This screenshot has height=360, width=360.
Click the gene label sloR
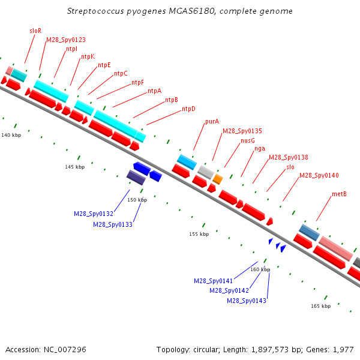[x=35, y=31]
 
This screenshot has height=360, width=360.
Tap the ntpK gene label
[x=88, y=57]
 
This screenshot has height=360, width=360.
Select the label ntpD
[x=188, y=109]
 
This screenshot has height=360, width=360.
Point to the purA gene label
[x=212, y=121]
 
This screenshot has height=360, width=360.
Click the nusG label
[x=248, y=140]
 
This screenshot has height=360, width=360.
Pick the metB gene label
[x=339, y=194]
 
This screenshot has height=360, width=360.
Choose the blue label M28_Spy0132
[x=94, y=214]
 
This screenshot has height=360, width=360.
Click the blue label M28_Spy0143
[x=247, y=301]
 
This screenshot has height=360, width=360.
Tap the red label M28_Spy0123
[x=66, y=40]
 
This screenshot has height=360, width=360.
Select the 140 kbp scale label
[x=11, y=135]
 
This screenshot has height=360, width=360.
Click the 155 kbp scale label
[x=199, y=234]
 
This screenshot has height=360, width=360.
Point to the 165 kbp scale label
[x=321, y=306]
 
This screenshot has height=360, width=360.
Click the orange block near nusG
[x=218, y=179]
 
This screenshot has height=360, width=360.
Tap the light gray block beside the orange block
[x=206, y=172]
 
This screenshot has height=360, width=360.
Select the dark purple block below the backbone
[x=136, y=178]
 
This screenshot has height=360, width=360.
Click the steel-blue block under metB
[x=309, y=232]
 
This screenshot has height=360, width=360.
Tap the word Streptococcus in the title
[x=95, y=11]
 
